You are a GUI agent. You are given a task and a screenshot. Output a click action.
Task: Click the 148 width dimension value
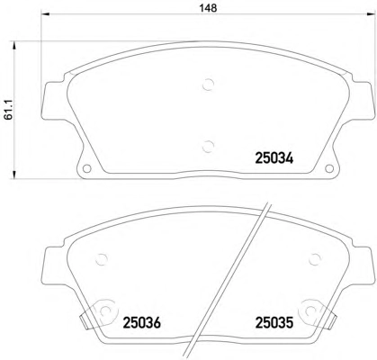coord(208,8)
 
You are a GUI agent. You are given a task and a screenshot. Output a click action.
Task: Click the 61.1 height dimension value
coord(8,110)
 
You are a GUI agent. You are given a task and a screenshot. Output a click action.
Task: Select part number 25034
coord(274,158)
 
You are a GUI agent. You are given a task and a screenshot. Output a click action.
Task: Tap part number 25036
coord(142,323)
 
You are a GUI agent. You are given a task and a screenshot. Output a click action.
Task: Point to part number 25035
coord(274,323)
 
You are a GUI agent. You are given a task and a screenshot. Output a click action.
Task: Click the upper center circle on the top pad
coord(208,85)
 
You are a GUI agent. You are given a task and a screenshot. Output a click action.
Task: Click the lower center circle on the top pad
coord(208,147)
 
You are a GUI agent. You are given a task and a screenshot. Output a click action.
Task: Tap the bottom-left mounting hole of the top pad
coord(86,168)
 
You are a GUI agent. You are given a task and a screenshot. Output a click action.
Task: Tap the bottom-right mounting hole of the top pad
coord(329,168)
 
